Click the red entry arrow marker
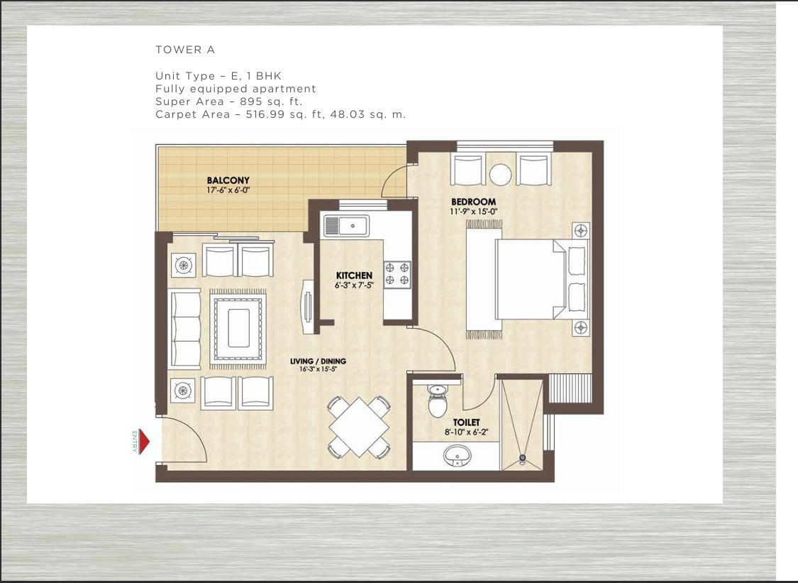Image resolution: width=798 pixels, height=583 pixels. pos(144,442)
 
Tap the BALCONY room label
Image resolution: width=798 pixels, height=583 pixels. pos(228,180)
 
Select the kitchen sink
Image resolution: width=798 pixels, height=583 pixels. pos(345,227)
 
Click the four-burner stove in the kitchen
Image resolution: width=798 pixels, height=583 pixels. pos(397,275)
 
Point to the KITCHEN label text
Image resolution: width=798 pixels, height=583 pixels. pos(354,276)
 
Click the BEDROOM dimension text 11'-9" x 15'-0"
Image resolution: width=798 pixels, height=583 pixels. pos(473,212)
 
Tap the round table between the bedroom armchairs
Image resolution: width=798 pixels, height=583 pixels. pos(501,174)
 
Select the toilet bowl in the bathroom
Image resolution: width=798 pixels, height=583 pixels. pos(437,402)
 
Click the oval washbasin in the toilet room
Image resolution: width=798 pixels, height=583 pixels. pos(458,454)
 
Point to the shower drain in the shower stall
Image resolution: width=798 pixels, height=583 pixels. pos(523,459)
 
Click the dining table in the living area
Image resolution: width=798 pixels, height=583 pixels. pos(359,427)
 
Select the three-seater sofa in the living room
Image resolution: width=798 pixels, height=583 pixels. pos(183,329)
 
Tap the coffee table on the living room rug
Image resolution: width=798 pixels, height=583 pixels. pos(238,327)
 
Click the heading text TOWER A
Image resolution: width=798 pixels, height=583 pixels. pos(185,50)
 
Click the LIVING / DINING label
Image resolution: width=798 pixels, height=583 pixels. pos(318,361)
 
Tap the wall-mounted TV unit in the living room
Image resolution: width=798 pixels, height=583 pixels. pos(307,305)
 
